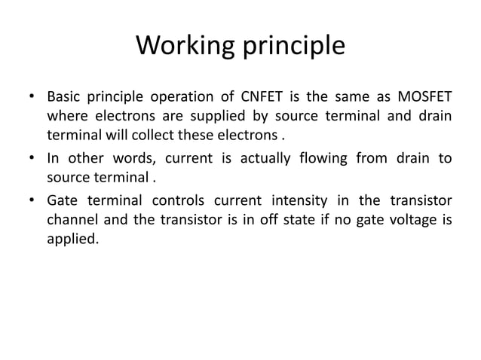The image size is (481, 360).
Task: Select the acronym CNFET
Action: [258, 99]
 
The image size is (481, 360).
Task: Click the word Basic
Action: [66, 99]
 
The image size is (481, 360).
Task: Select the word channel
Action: [72, 221]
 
